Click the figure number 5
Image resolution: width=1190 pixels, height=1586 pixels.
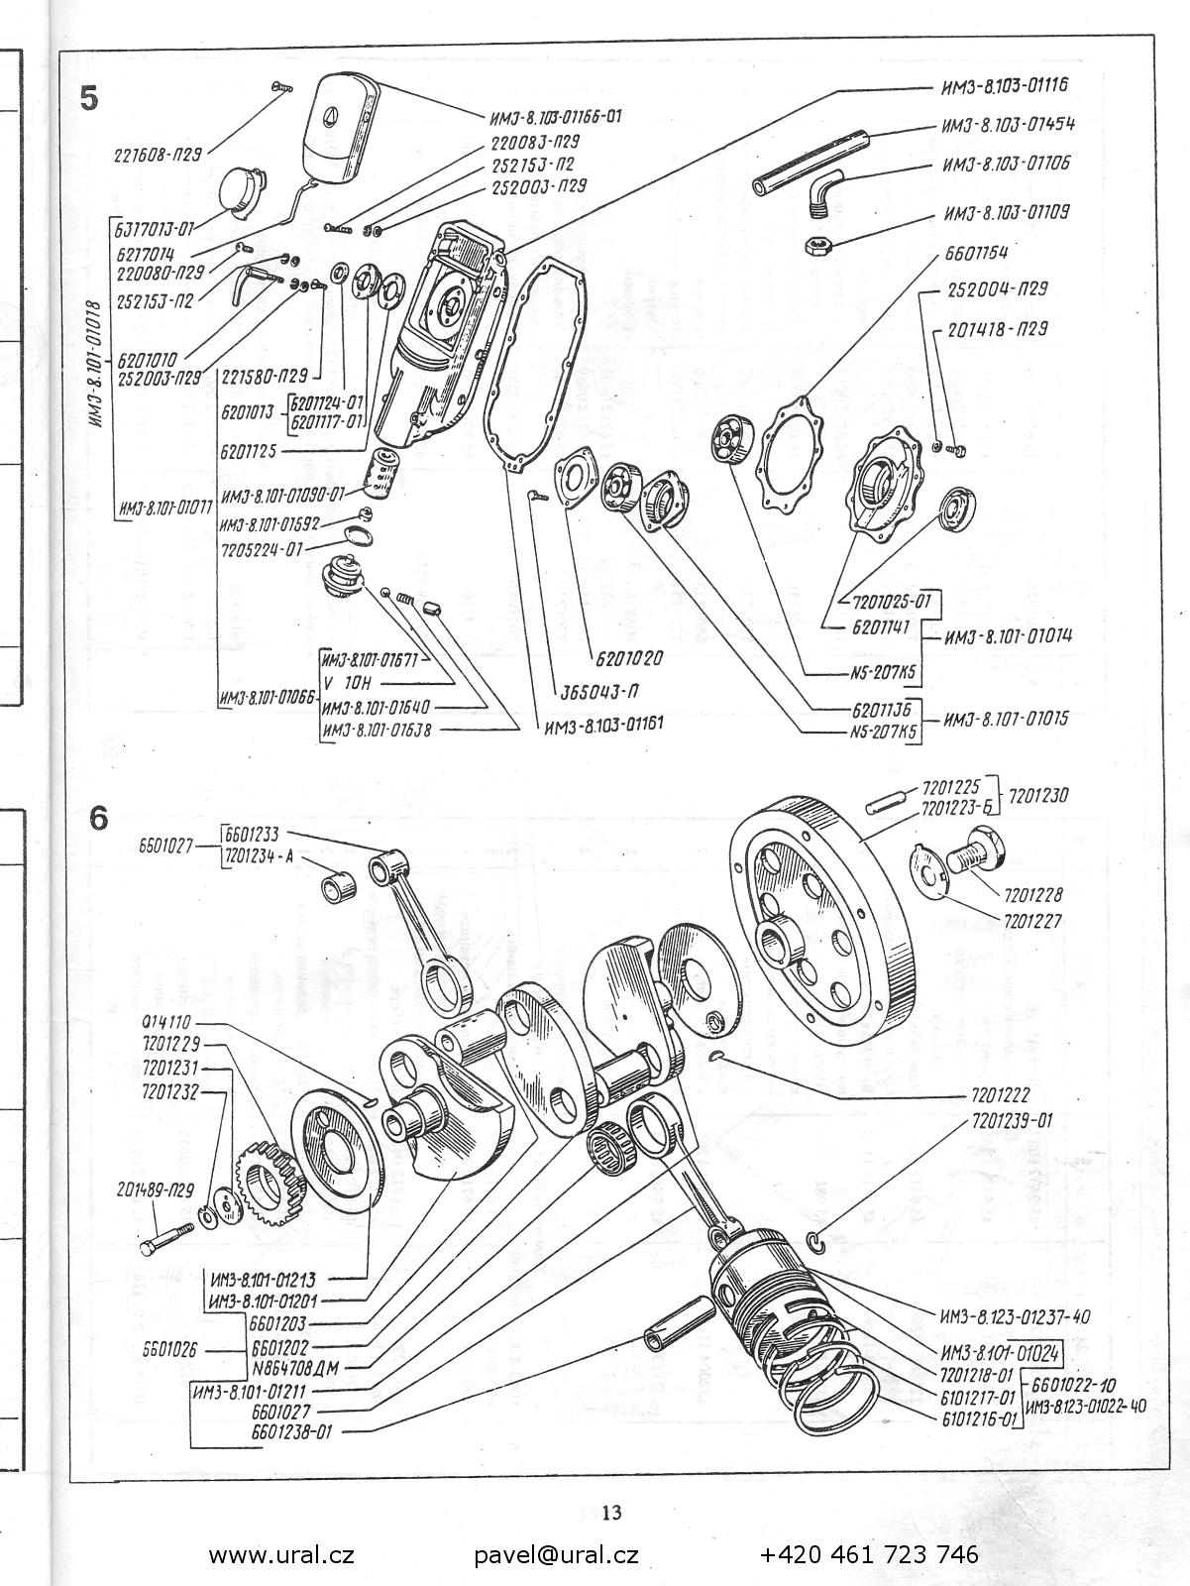coord(90,99)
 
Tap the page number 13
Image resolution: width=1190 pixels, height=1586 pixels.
coord(611,1513)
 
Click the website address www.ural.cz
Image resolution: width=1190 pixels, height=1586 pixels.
coord(281,1554)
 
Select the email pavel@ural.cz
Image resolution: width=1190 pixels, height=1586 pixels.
coord(556,1554)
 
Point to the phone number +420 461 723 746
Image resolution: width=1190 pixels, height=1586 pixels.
coord(869,1554)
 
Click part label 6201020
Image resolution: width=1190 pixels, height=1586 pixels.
coord(629,657)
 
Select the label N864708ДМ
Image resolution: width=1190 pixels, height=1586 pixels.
coord(295,1368)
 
